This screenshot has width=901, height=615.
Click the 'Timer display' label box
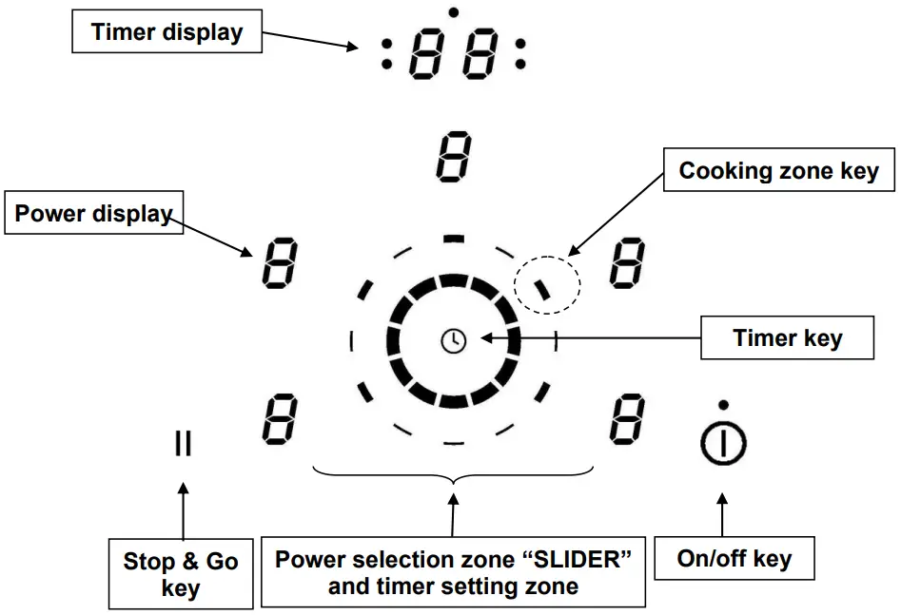[167, 32]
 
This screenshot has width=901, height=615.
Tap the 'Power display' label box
[92, 214]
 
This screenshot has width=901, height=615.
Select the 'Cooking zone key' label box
[779, 172]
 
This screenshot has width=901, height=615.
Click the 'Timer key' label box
[787, 338]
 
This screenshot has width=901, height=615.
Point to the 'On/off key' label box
[734, 559]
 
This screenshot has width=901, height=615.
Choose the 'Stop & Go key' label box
[181, 574]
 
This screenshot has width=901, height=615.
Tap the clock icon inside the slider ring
[454, 339]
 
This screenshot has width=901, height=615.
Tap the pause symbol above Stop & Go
[183, 443]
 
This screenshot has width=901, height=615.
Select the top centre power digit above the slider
[454, 158]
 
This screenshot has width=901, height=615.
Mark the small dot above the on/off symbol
[724, 405]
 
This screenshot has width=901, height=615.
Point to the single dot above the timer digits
[454, 11]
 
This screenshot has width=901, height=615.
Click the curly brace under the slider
[454, 476]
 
